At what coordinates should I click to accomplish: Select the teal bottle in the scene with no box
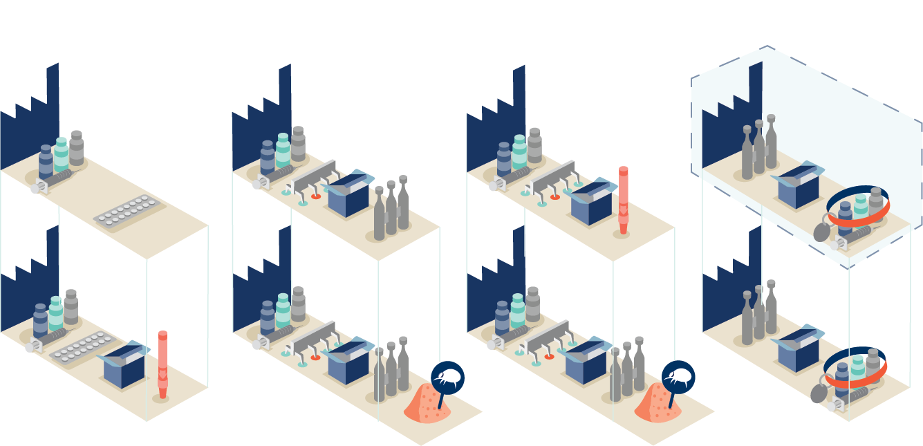click(61, 154)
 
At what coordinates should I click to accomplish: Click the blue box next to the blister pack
click(124, 366)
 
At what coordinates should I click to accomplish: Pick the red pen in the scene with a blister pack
click(162, 364)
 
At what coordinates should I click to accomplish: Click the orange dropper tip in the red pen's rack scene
click(554, 197)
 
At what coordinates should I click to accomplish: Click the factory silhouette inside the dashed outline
click(732, 118)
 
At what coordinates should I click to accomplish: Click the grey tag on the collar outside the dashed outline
click(818, 393)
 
